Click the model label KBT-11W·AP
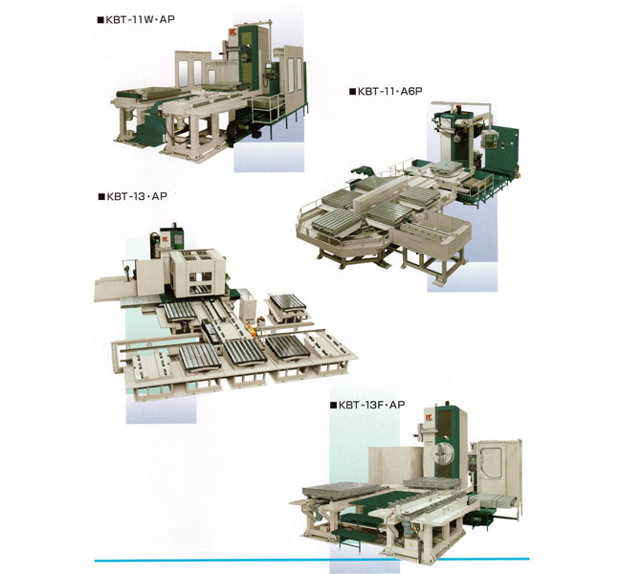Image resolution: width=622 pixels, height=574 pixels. point(140,19)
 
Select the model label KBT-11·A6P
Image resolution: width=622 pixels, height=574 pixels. point(389,91)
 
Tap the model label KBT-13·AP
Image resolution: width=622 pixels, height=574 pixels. point(137,196)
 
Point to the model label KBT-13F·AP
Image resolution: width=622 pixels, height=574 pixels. point(371,405)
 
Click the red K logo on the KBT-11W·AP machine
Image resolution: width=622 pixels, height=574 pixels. point(233,33)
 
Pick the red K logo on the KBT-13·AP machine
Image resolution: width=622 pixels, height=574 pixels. point(165,239)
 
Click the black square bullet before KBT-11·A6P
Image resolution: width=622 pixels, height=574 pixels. point(352,92)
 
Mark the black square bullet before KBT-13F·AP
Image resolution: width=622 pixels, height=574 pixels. point(333,406)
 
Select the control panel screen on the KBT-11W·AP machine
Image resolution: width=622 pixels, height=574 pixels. point(270,66)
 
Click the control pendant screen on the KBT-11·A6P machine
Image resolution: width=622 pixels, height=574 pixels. point(491,138)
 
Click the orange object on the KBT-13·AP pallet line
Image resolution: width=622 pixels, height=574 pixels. point(251,328)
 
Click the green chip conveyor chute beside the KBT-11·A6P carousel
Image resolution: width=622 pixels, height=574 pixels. point(362,172)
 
